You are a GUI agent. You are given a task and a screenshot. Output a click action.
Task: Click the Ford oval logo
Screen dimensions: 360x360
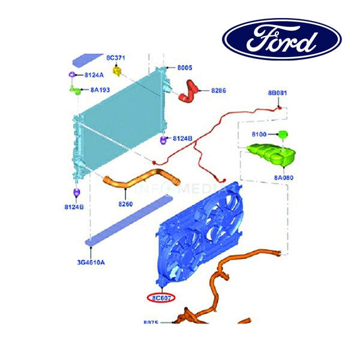tap(282, 41)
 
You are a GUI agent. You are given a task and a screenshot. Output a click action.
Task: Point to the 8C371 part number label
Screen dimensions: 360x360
tap(115, 58)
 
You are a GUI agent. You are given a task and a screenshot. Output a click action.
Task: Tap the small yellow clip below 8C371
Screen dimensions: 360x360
tap(118, 72)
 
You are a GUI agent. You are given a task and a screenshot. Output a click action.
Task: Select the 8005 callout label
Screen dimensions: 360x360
tap(184, 68)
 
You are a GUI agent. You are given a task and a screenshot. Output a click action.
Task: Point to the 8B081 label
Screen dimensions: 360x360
tap(278, 94)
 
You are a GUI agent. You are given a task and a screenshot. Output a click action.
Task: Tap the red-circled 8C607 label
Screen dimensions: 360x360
tap(162, 297)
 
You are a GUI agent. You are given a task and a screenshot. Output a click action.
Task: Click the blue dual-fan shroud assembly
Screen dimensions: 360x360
tap(198, 234)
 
